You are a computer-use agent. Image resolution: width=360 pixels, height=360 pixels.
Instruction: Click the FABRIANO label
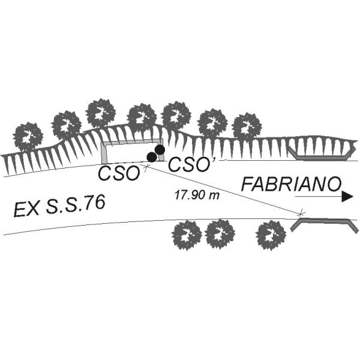click(x=291, y=184)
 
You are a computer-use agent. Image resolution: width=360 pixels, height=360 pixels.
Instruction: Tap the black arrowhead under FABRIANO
click(x=347, y=197)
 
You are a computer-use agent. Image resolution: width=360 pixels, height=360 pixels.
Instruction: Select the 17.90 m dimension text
click(x=197, y=195)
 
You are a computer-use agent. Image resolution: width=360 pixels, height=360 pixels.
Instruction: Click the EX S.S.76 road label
click(x=59, y=205)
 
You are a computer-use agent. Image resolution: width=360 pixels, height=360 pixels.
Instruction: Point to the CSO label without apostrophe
click(x=119, y=173)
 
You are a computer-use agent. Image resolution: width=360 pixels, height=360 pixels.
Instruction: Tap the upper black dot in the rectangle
click(x=160, y=149)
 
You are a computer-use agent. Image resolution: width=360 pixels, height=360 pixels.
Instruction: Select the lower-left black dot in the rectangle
click(x=152, y=157)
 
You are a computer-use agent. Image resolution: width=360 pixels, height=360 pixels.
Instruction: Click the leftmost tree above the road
click(x=28, y=137)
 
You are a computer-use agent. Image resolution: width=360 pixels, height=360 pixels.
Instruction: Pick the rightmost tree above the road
click(x=247, y=127)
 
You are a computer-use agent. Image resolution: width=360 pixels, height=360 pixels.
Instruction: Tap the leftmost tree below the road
click(x=187, y=235)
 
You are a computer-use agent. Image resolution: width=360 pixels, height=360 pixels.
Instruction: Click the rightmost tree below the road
click(x=271, y=235)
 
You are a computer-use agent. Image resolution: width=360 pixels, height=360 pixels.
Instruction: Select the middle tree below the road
click(x=220, y=234)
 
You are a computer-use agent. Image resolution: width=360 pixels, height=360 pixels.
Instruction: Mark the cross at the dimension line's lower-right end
click(x=301, y=213)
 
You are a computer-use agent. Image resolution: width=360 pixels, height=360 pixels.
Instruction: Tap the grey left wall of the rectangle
click(x=104, y=153)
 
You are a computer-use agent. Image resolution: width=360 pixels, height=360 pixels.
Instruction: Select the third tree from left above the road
click(x=100, y=113)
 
